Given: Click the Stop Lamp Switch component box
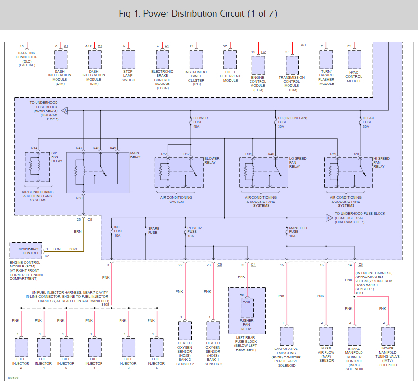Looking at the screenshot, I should tap(129, 60).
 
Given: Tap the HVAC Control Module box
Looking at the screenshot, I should tap(354, 60).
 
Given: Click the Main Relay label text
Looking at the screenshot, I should tap(135, 155).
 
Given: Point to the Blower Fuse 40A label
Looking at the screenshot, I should tap(200, 122).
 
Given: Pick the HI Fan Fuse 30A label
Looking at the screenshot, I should tap(368, 122).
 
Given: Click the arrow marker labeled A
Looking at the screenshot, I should tap(65, 110).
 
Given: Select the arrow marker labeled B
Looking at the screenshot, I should tap(328, 218).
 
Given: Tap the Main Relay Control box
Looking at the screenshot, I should tap(26, 250).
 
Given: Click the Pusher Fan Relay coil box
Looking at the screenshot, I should tap(247, 308).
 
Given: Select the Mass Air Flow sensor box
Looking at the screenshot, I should tap(326, 336).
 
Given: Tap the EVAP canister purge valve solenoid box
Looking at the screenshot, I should tap(286, 336).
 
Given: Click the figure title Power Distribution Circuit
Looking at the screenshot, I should tap(198, 14).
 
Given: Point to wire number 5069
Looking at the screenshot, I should tap(73, 249).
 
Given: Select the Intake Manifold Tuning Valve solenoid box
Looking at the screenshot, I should tap(388, 336).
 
